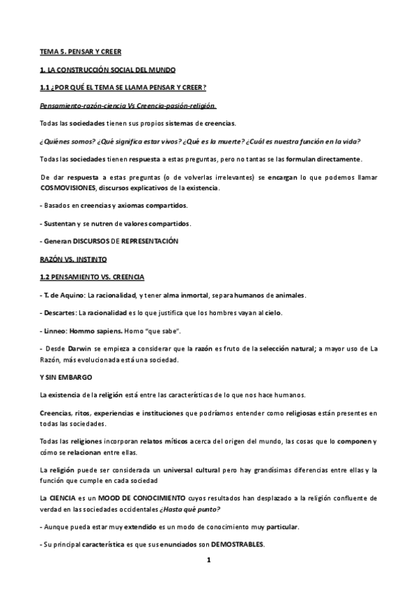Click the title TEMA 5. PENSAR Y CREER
[x=79, y=52]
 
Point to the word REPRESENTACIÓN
[x=150, y=241]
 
